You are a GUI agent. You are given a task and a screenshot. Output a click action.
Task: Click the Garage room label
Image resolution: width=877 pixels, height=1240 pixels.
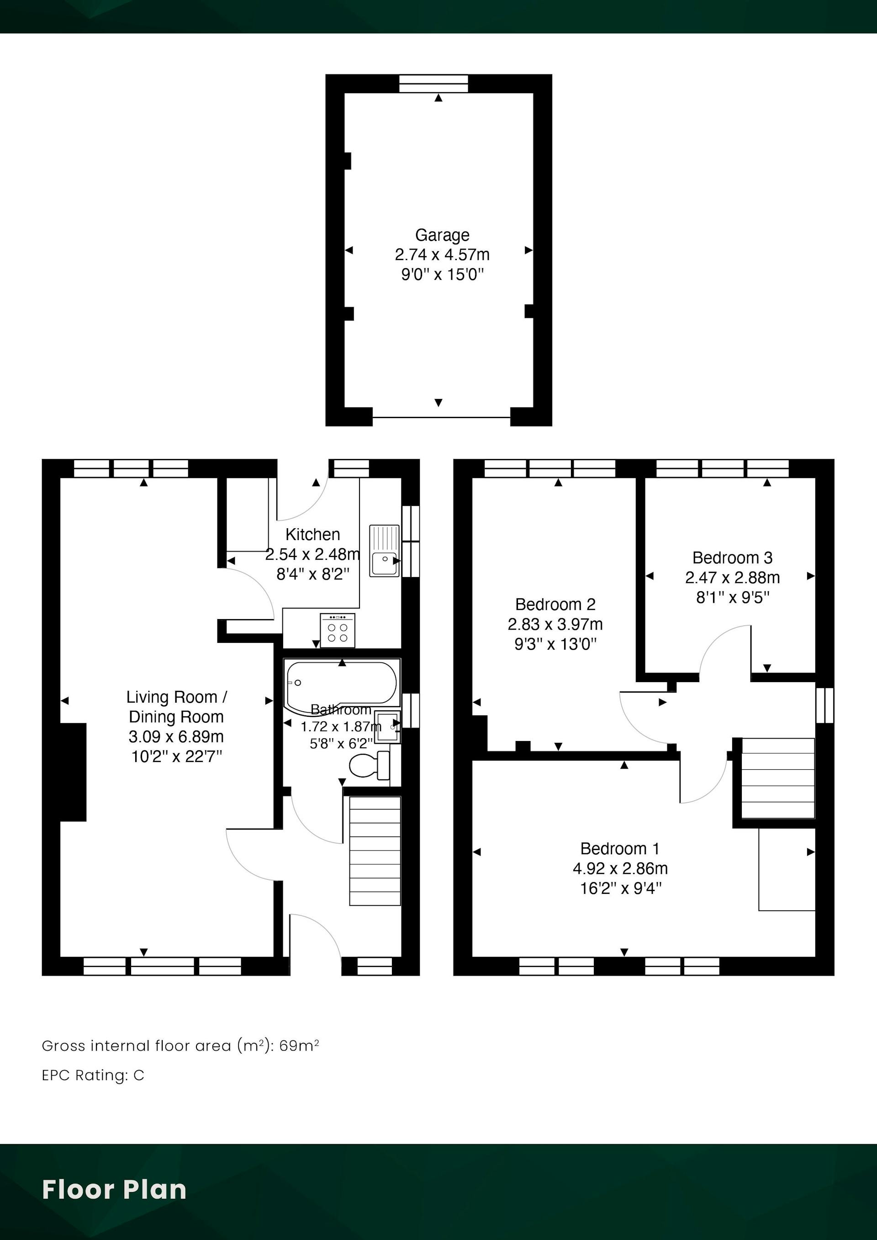[x=442, y=235]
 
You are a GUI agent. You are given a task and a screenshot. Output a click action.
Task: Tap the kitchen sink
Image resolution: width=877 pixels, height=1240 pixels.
[x=384, y=551]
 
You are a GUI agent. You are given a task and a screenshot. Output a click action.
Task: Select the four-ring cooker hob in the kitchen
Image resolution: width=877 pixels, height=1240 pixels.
[x=337, y=630]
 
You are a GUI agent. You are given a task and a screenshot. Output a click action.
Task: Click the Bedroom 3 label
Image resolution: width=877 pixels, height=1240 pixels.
[x=732, y=557]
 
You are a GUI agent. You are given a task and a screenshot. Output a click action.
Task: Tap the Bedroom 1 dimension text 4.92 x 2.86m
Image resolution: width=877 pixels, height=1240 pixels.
[x=620, y=868]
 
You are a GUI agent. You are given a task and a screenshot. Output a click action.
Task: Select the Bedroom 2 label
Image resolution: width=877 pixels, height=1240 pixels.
[x=555, y=604]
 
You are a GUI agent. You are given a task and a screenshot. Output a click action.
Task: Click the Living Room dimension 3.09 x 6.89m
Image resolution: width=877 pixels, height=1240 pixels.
[x=176, y=737]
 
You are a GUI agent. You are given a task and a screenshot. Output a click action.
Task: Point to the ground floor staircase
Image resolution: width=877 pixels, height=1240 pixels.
[x=375, y=851]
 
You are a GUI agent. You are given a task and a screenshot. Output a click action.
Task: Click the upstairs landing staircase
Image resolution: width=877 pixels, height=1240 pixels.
[x=777, y=778]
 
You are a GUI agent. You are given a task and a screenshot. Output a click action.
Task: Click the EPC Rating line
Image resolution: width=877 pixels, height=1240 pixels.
[x=93, y=1075]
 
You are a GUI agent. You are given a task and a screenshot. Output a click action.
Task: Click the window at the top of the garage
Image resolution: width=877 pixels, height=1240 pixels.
[x=433, y=84]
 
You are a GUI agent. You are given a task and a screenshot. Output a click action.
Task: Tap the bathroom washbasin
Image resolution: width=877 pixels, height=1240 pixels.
[x=387, y=727]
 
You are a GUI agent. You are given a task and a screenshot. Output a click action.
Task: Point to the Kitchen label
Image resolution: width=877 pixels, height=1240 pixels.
[x=312, y=535]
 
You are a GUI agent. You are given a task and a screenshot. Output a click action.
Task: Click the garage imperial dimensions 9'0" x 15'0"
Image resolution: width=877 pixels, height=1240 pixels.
[x=442, y=274]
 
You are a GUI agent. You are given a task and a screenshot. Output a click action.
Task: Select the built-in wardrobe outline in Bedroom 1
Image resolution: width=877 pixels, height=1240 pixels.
[x=787, y=870]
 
